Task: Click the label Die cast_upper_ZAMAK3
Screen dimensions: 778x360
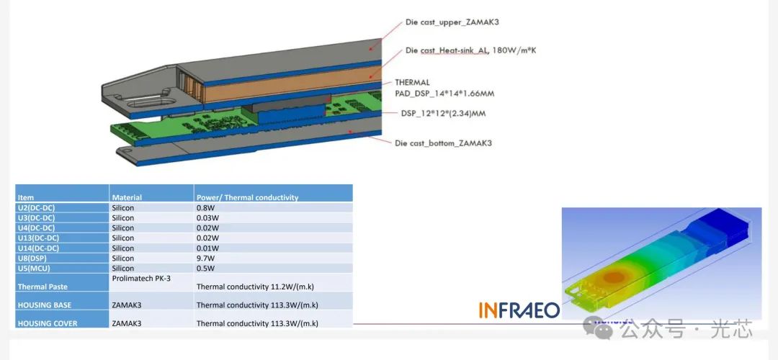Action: pos(455,22)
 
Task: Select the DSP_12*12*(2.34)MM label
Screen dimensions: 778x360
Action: pos(443,114)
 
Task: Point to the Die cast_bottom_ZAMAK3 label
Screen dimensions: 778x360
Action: pos(444,143)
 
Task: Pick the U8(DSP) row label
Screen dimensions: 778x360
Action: pos(32,258)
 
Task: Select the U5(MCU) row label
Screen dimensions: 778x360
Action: pos(34,269)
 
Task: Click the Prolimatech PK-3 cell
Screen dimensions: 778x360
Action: pos(141,278)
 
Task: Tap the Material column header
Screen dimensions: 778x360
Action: pos(127,197)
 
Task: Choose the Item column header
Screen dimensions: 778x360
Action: pos(25,197)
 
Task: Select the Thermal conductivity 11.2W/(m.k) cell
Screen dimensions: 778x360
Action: pos(256,287)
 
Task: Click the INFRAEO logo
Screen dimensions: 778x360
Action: pos(519,310)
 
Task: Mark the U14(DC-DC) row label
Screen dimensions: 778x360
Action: pos(37,248)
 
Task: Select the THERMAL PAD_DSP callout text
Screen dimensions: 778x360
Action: pos(444,88)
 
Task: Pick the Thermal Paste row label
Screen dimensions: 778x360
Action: pos(43,287)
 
